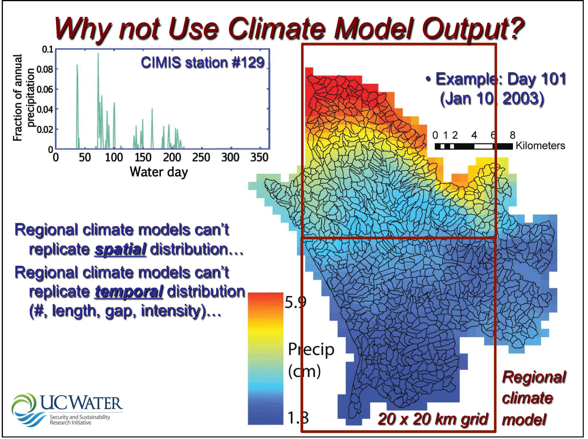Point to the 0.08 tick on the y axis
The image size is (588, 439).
click(x=45, y=70)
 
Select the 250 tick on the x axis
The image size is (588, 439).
click(x=201, y=158)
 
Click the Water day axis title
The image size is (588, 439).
click(x=159, y=172)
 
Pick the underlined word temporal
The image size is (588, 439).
click(x=129, y=292)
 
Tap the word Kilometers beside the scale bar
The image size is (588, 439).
click(x=540, y=146)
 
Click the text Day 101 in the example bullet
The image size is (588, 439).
click(x=536, y=79)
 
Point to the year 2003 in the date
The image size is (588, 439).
click(x=523, y=99)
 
